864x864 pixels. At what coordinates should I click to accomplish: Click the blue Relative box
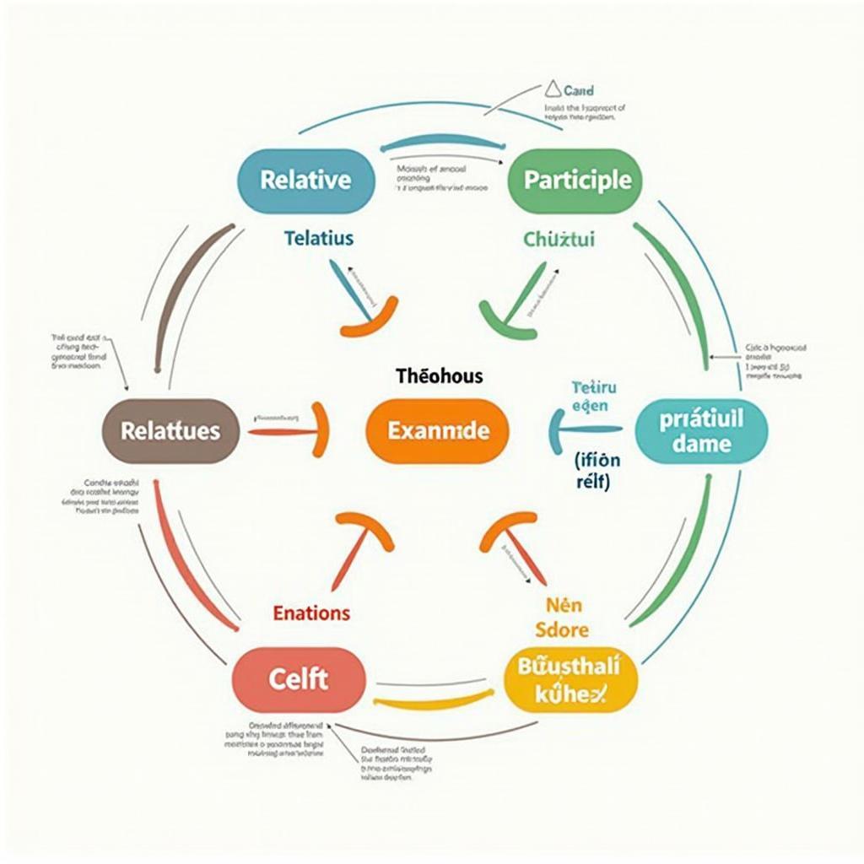click(305, 180)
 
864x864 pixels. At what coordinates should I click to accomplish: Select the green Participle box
click(577, 180)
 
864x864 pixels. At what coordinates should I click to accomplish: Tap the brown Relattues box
click(170, 431)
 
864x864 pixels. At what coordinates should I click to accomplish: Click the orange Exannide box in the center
click(438, 431)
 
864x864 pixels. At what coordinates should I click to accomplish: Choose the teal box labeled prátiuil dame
click(701, 431)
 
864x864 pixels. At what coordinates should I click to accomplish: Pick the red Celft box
click(298, 679)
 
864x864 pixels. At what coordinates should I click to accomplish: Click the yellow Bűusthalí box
click(571, 679)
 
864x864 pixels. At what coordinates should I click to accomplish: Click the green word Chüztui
click(559, 240)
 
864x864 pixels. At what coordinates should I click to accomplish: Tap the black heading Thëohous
click(440, 376)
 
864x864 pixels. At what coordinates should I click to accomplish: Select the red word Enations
click(312, 613)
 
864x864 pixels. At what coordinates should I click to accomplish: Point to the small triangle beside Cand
click(552, 89)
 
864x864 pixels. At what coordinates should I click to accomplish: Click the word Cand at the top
click(578, 89)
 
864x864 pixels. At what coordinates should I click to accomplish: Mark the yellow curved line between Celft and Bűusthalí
click(434, 699)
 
